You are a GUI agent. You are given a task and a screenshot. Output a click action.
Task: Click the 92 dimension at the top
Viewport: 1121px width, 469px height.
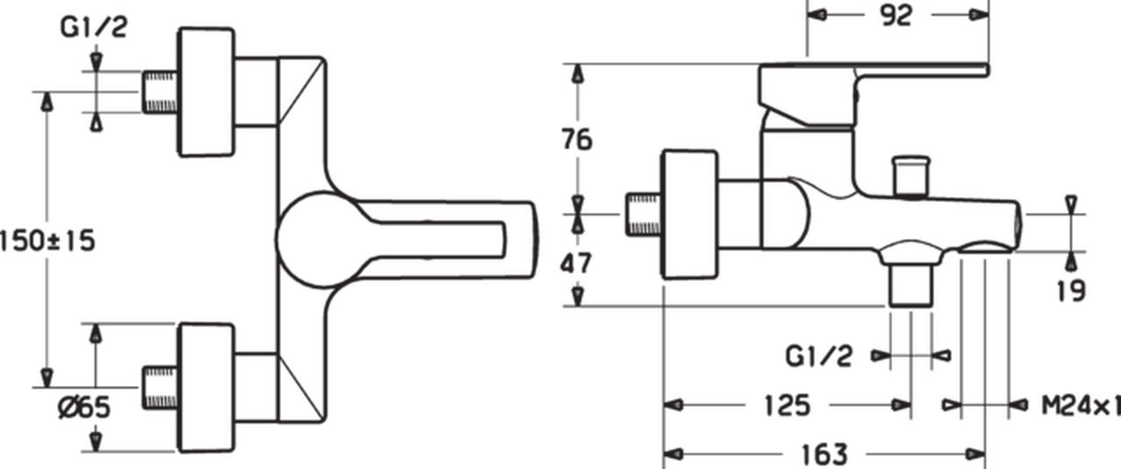(896, 16)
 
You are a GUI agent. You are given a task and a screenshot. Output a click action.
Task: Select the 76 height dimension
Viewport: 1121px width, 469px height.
(577, 139)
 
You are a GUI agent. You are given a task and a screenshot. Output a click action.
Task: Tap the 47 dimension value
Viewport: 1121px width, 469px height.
(576, 263)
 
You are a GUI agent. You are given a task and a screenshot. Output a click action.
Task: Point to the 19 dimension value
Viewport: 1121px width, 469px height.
(1071, 290)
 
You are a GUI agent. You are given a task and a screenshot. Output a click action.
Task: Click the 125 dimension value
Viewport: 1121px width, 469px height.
(787, 405)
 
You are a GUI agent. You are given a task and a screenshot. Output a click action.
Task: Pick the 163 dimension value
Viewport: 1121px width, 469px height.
(824, 454)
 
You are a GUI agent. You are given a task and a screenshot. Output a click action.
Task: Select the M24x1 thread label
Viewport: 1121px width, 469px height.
(1081, 405)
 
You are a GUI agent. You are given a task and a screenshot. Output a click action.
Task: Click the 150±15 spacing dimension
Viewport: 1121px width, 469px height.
(47, 241)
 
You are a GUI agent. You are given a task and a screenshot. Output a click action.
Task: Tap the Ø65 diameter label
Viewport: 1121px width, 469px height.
(83, 407)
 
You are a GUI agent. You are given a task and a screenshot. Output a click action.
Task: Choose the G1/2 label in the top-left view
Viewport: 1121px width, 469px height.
(94, 27)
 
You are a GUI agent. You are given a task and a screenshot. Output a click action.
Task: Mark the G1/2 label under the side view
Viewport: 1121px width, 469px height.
(818, 356)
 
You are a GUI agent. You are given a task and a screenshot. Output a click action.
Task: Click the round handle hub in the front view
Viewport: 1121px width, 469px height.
(324, 240)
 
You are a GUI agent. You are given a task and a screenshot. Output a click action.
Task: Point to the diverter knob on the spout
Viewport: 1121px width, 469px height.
(912, 177)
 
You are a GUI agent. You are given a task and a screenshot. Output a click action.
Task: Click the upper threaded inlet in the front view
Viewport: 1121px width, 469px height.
(160, 92)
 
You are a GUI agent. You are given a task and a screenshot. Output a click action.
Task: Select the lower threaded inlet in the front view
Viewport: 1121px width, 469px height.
(160, 388)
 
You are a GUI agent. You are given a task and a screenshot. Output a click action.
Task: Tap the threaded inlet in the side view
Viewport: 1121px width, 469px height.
(644, 214)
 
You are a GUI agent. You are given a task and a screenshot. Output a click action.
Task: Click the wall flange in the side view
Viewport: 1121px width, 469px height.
(689, 214)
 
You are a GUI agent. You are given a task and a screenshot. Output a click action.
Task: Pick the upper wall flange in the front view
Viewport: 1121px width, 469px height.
(206, 92)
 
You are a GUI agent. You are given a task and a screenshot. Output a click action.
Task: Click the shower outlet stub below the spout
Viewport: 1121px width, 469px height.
(911, 285)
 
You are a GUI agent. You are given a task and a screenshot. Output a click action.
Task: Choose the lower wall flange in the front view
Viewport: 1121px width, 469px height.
(206, 388)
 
